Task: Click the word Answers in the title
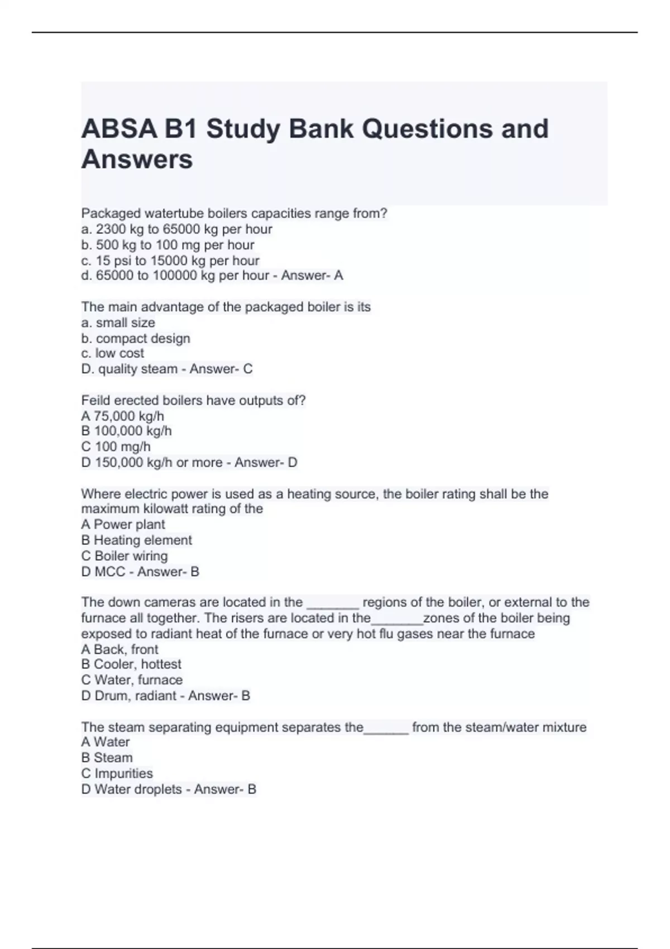pos(137,160)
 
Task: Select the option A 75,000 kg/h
pos(122,416)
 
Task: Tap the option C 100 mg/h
pos(116,447)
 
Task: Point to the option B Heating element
pos(136,540)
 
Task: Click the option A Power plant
pos(123,525)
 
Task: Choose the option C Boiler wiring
pos(124,556)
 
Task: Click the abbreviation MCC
pos(109,572)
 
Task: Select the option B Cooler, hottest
pos(131,664)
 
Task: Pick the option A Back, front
pos(119,649)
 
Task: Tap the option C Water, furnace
pos(132,680)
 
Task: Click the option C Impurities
pos(117,774)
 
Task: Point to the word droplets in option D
pos(159,789)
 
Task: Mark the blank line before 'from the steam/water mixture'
pos(386,732)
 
